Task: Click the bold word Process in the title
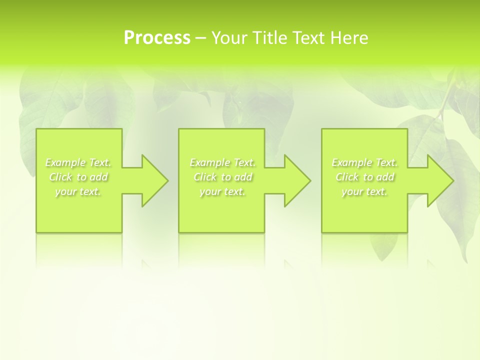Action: click(157, 38)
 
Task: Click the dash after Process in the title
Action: click(200, 38)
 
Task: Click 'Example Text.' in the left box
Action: click(78, 162)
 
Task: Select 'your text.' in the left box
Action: click(78, 191)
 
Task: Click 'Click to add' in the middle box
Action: click(222, 177)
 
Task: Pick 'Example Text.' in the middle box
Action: click(222, 162)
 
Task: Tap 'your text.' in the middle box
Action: click(222, 191)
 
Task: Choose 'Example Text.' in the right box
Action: click(364, 162)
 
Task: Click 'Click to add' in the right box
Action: click(364, 177)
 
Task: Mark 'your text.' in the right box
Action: click(364, 191)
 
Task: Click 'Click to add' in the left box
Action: click(78, 177)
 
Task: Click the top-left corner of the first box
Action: click(37, 129)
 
